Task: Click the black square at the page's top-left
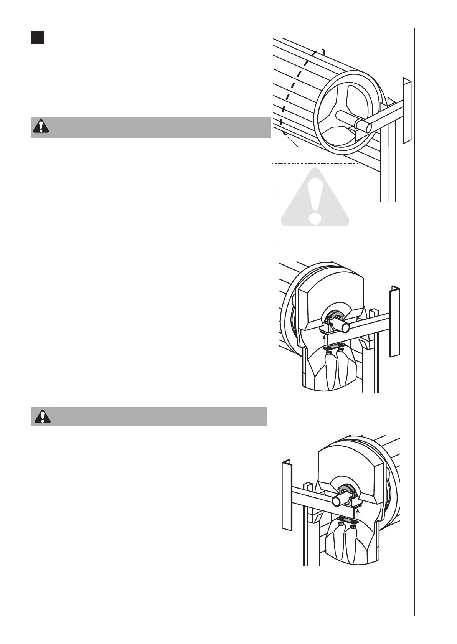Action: click(x=38, y=38)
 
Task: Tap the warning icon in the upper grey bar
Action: click(x=40, y=127)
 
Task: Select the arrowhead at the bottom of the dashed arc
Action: click(x=284, y=133)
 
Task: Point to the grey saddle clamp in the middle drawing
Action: click(x=333, y=315)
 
